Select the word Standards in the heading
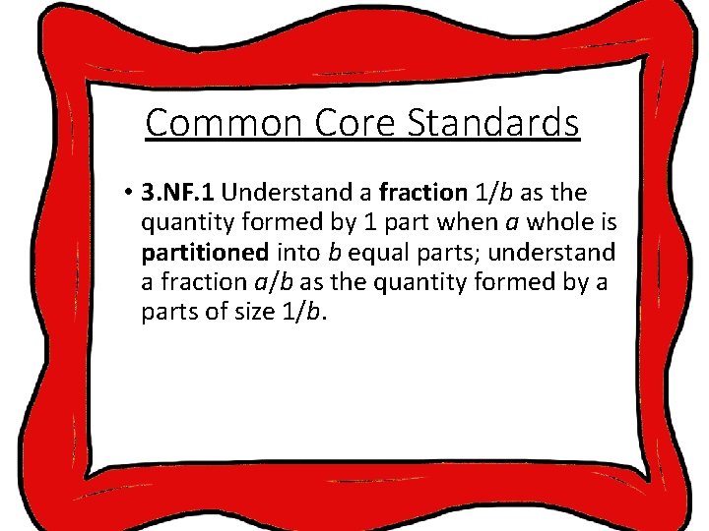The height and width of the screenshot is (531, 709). pos(500,124)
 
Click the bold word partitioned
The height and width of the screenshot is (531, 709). pos(204,252)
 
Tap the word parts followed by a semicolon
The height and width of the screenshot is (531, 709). pos(456,252)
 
